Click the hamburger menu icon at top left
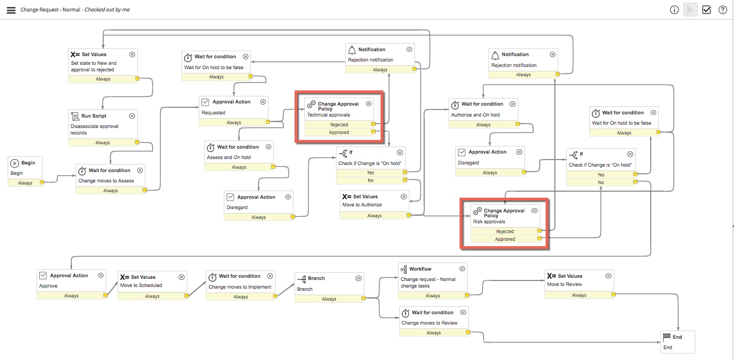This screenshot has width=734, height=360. pos(11,10)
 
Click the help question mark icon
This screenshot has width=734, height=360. pos(723,10)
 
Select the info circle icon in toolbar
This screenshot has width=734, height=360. pos(674,10)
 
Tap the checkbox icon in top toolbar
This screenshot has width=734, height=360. pos(706,10)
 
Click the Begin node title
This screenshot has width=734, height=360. pos(28,163)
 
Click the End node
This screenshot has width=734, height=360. pos(677,341)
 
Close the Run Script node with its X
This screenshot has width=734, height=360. pos(132,116)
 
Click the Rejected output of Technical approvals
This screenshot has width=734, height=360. pos(339,125)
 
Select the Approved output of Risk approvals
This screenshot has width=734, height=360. pos(505,239)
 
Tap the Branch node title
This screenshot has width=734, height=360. pos(316,278)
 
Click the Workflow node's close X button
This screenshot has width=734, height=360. pos(462,269)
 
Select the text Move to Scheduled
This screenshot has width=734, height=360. pos(141,285)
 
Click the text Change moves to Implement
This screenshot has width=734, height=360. pos(240,287)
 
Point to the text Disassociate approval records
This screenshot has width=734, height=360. pos(94,130)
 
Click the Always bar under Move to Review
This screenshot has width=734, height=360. pos(579,295)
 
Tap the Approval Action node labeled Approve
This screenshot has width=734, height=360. pos(69,276)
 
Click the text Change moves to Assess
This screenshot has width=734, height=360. pos(106,181)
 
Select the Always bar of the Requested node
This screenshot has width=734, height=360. pos(234,123)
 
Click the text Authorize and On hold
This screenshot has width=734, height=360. pos(475,115)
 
